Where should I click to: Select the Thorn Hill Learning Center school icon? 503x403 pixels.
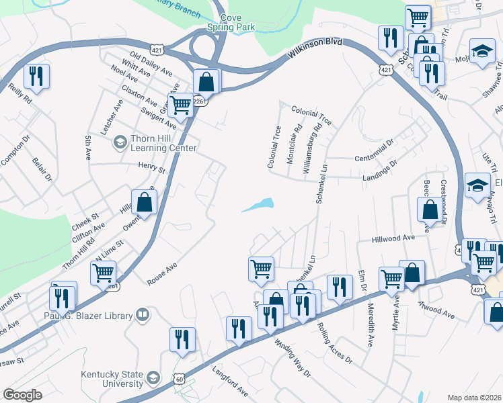coord(119,142)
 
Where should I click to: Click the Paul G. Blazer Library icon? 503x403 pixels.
coord(143,314)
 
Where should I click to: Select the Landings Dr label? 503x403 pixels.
coord(380,169)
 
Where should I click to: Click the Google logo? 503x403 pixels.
coord(22,395)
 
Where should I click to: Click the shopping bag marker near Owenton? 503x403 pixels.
coord(145,201)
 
